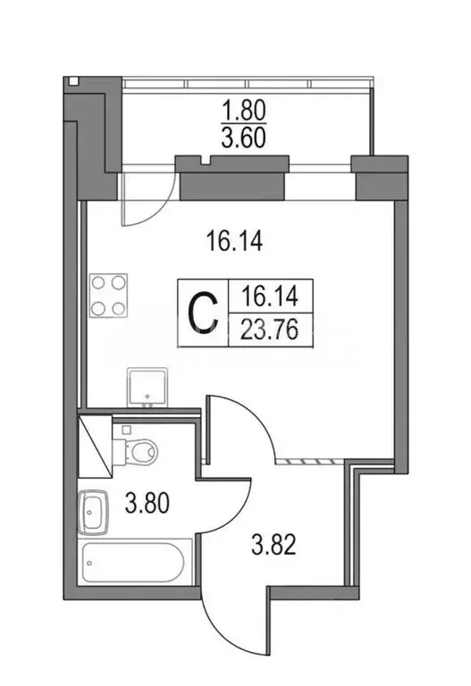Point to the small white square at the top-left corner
tap(72, 82)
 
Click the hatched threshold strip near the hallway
tap(310, 462)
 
